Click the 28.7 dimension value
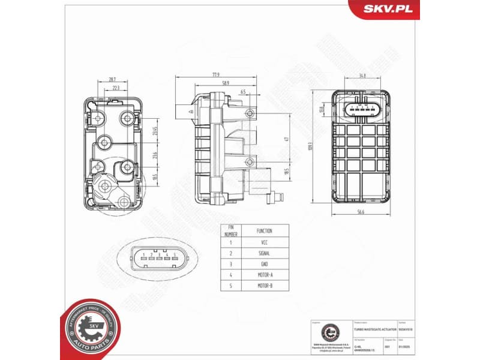click(112, 79)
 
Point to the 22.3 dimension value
click(116, 88)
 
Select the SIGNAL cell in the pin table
click(264, 254)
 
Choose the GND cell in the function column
click(264, 264)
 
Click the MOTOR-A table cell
click(264, 274)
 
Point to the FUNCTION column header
click(264, 231)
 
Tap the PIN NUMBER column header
click(230, 231)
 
